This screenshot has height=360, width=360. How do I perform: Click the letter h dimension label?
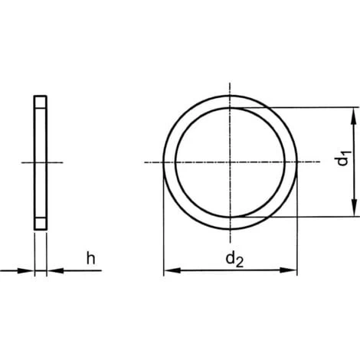coord(91,259)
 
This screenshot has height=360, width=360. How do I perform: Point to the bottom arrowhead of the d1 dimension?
coord(353,211)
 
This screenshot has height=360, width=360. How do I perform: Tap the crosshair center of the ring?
coord(230,162)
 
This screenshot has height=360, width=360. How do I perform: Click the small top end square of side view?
coord(40,100)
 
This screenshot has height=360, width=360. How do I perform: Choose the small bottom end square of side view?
coord(40,224)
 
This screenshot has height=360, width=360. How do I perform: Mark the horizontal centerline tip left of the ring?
coord(147,162)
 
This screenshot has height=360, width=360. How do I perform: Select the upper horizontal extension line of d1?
coord(306,108)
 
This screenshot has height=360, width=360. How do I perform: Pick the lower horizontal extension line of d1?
coord(306,218)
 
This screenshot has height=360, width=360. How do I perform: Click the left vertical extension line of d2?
coord(163,230)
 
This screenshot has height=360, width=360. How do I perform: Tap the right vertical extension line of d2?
coord(297,230)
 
